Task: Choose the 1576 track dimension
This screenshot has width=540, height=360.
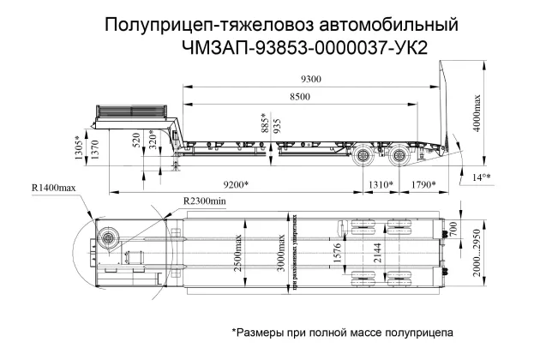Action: pos(336,255)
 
